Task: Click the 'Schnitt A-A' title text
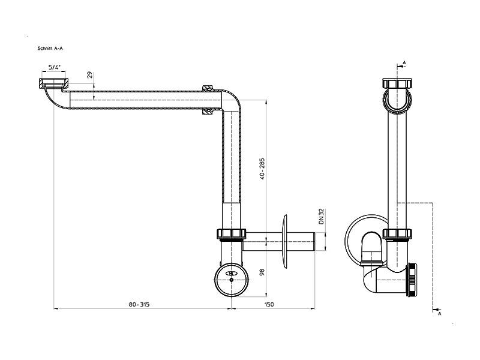click(50, 49)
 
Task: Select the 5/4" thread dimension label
click(55, 67)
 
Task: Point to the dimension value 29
click(89, 75)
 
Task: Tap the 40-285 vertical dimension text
click(262, 169)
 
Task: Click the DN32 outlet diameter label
click(321, 216)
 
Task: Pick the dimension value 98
click(262, 272)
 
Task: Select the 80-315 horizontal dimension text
click(139, 304)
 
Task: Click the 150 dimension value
click(269, 304)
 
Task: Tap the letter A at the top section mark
click(404, 63)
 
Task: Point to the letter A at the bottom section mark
click(440, 314)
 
